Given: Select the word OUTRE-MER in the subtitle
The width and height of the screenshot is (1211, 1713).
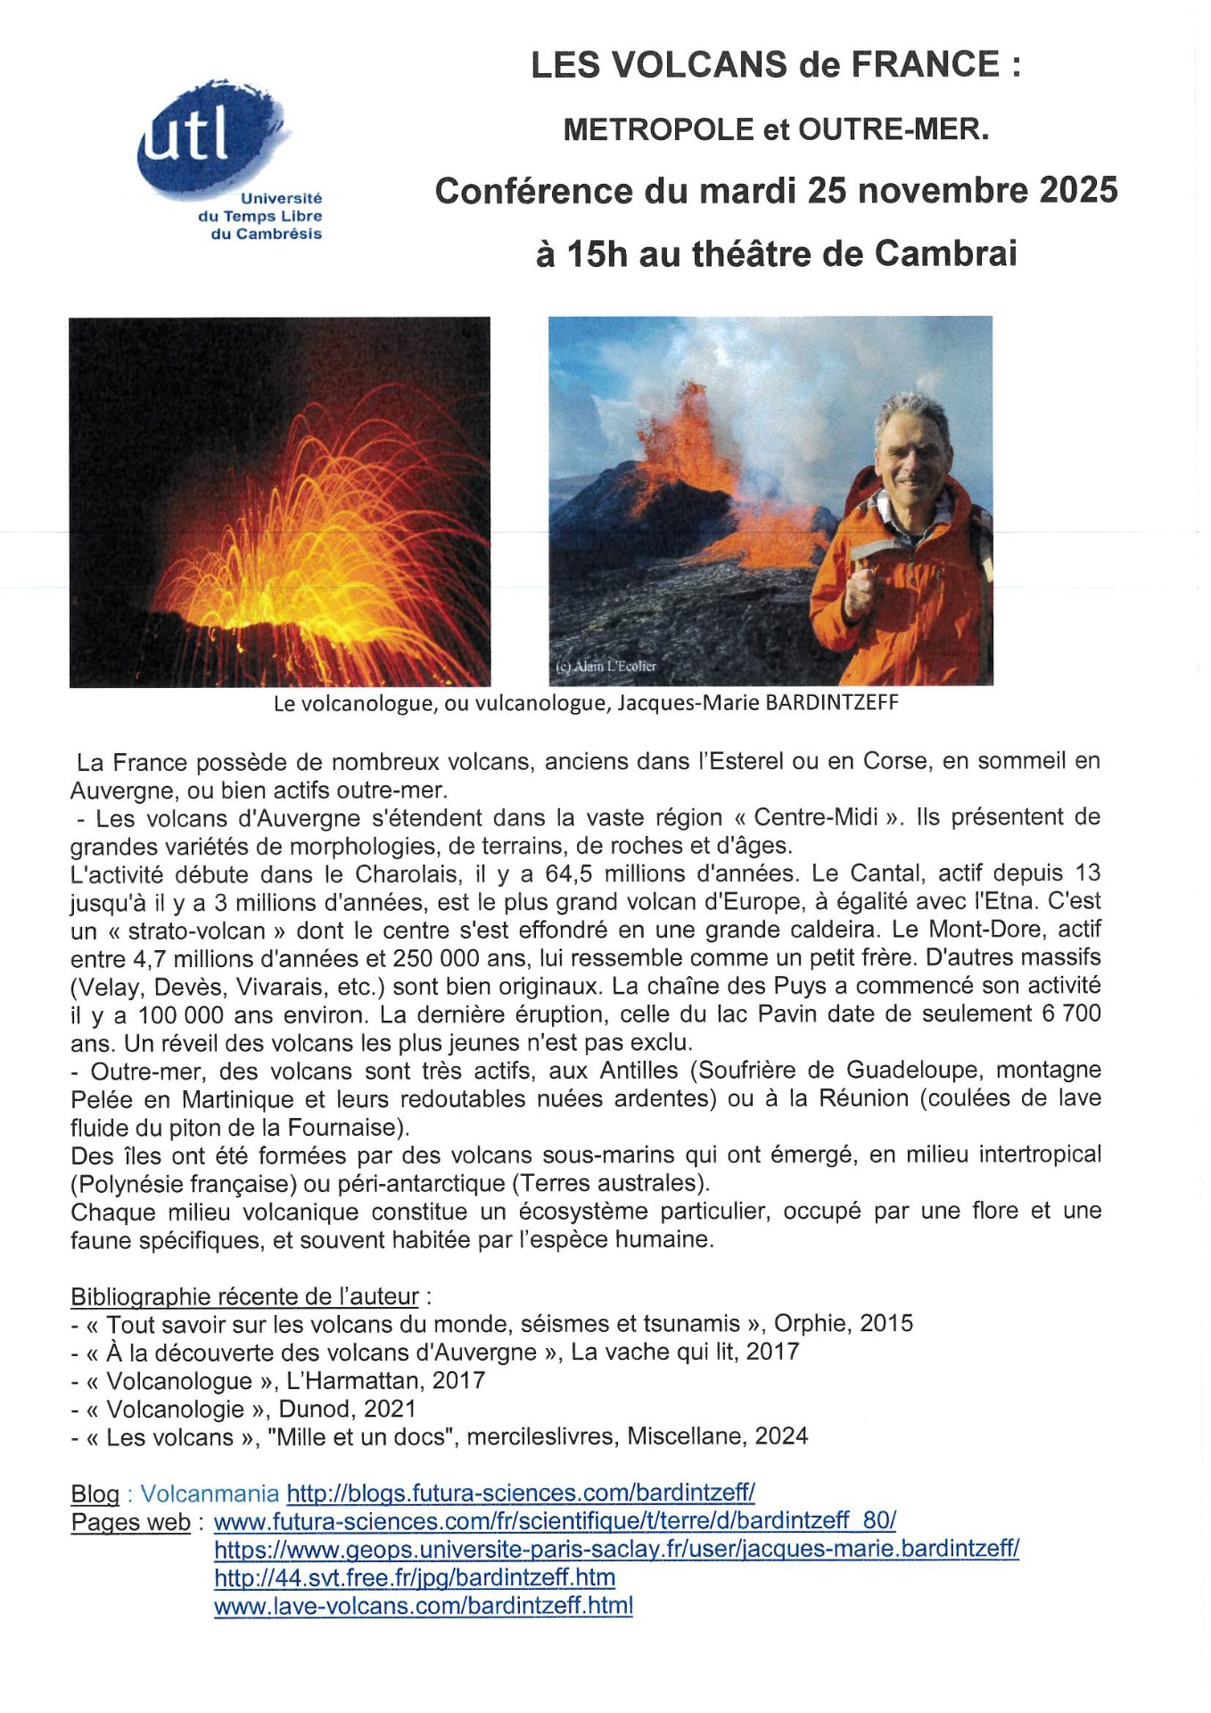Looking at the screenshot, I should point(894,130).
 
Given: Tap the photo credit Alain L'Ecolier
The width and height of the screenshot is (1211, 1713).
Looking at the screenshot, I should point(606,666).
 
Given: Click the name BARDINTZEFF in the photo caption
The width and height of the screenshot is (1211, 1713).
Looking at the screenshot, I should point(832,703).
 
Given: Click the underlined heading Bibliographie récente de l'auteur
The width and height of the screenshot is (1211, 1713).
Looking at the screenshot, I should point(244,1296).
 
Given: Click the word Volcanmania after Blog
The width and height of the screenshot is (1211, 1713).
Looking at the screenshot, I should point(210,1494).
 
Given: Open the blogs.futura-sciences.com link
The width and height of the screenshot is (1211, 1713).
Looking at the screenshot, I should point(521,1494).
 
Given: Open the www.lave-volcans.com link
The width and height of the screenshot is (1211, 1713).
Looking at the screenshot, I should point(424,1606).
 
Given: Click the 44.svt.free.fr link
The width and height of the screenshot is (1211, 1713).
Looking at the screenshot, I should point(415,1577).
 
